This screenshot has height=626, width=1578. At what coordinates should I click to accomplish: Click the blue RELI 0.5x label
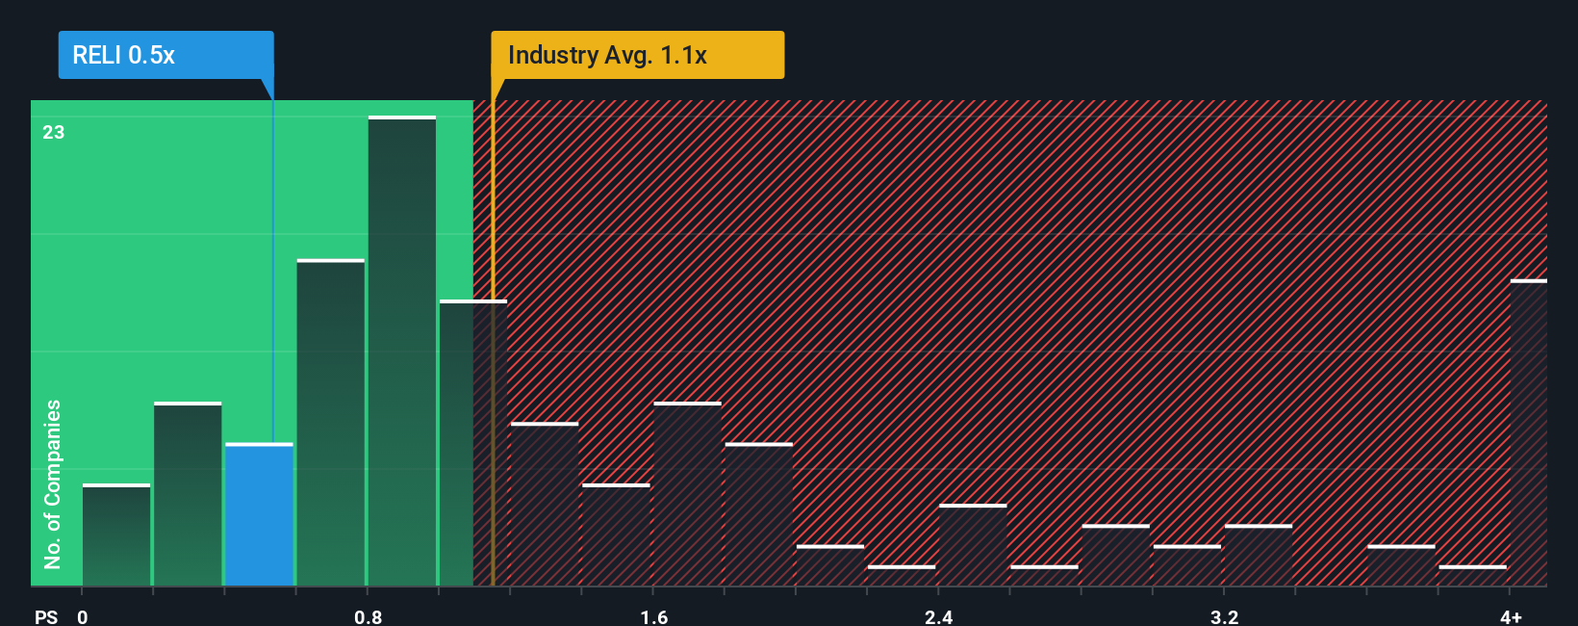(x=165, y=55)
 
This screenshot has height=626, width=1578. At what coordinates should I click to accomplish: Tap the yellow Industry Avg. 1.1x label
(x=637, y=55)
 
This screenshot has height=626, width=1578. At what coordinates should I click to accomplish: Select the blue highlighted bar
(x=259, y=515)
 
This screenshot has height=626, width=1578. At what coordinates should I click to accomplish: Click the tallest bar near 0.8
(x=402, y=352)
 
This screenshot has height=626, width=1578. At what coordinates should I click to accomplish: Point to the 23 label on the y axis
(x=54, y=133)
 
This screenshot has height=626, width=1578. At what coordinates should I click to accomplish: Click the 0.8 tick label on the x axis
(x=368, y=616)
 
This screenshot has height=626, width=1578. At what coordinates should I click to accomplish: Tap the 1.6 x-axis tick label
(x=654, y=616)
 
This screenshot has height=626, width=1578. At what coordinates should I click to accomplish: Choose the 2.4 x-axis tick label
(x=939, y=616)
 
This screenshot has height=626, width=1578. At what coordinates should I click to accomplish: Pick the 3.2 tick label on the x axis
(x=1224, y=616)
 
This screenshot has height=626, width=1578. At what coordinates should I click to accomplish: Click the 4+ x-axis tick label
(x=1511, y=616)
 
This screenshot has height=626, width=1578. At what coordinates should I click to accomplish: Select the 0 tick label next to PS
(x=83, y=616)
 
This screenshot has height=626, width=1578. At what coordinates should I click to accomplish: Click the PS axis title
(x=46, y=616)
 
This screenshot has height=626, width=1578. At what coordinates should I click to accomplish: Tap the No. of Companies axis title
(x=53, y=483)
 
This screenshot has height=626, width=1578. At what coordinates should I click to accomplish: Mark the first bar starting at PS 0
(x=116, y=535)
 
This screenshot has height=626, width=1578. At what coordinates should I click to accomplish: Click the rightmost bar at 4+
(x=1528, y=433)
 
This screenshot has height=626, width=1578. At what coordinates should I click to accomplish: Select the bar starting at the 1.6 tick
(x=687, y=494)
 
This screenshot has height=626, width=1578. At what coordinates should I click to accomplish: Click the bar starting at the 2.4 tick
(x=973, y=545)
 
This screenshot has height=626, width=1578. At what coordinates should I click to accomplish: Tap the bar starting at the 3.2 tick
(x=1258, y=556)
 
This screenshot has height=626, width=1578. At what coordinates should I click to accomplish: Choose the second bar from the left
(x=188, y=494)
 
